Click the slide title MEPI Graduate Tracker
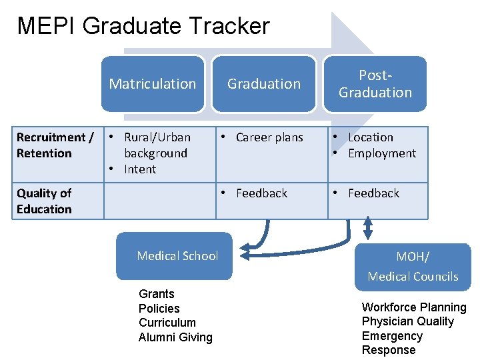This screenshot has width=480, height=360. [x=143, y=26]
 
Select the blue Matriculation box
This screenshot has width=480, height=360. [x=153, y=83]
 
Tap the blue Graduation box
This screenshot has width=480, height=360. [x=264, y=83]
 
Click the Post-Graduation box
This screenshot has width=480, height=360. [x=375, y=84]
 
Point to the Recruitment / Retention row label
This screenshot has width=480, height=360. [x=55, y=145]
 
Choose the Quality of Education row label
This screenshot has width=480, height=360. [x=44, y=201]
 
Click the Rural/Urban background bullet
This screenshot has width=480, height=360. [x=156, y=145]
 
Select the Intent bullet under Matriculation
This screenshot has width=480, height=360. [x=140, y=169]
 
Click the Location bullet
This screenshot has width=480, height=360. [x=371, y=137]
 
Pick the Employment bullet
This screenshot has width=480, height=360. [x=381, y=153]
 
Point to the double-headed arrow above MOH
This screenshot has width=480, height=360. [x=367, y=227]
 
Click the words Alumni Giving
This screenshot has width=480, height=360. [x=175, y=337]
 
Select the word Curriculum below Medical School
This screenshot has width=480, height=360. [x=167, y=323]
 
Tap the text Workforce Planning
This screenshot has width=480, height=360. [x=414, y=307]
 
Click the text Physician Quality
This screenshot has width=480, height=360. [x=407, y=321]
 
